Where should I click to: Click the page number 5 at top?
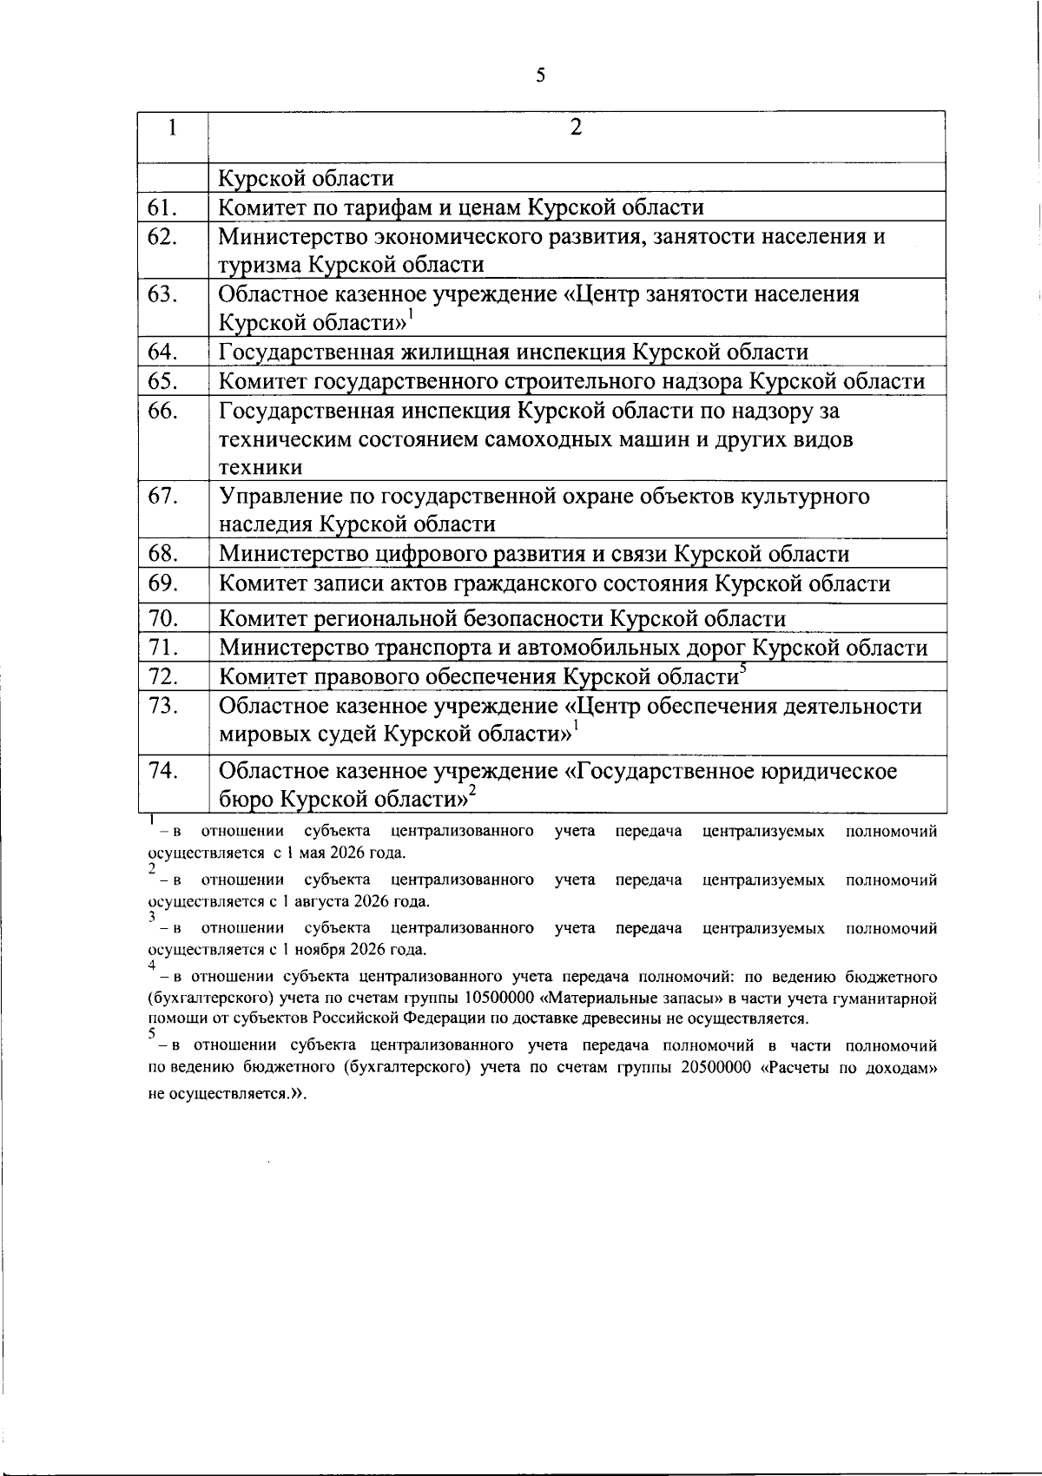click(540, 76)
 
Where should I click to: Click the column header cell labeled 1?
click(174, 128)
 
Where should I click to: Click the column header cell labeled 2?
click(576, 128)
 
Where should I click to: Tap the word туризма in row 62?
click(260, 264)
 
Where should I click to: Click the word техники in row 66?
click(260, 467)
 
